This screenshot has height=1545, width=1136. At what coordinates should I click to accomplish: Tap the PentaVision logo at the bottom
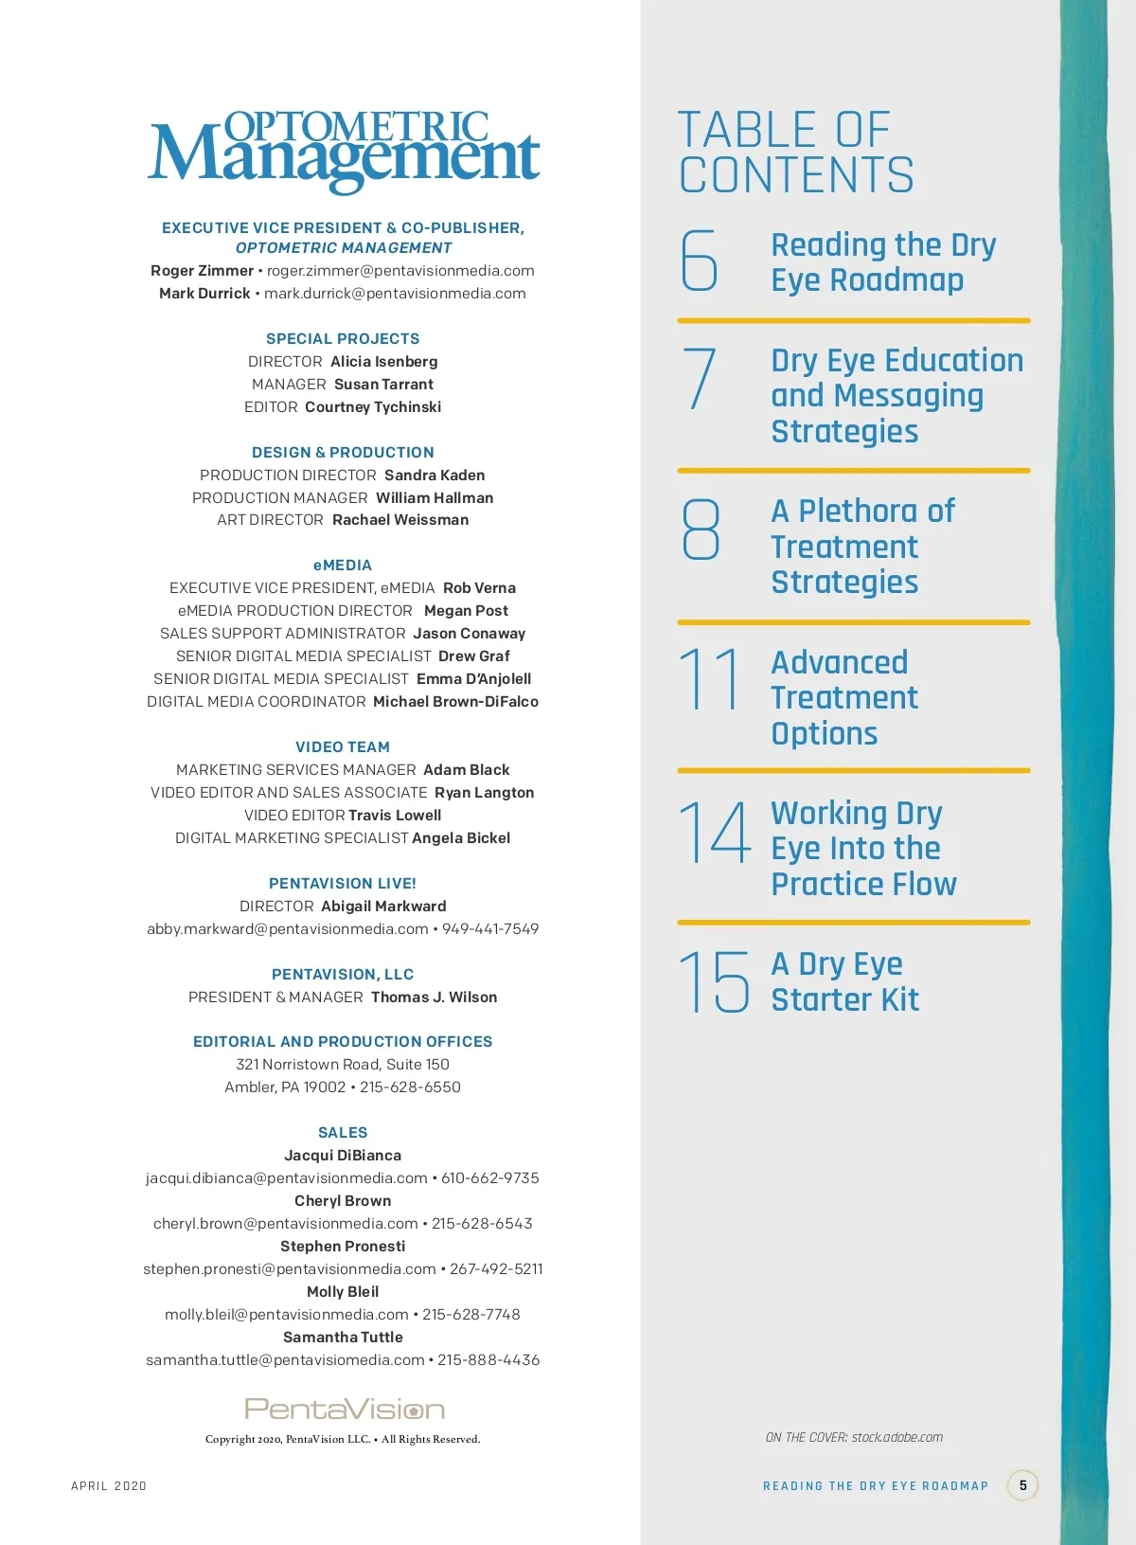click(344, 1409)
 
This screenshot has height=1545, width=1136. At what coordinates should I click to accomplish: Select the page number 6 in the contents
click(700, 260)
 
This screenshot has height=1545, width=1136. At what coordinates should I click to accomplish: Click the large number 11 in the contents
click(709, 678)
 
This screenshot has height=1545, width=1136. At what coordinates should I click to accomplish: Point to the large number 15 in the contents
click(714, 981)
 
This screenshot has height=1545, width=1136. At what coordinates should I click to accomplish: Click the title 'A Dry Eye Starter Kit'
click(844, 981)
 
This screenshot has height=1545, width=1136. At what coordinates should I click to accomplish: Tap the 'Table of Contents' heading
click(796, 153)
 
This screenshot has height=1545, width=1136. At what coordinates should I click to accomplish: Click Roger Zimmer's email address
click(400, 271)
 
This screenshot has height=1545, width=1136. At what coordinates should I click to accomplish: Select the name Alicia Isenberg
click(383, 362)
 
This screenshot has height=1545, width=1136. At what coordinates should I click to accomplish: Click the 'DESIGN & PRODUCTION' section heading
click(343, 453)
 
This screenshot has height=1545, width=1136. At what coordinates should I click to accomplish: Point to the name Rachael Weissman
click(400, 520)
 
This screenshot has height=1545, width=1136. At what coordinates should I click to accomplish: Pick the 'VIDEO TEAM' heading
click(343, 747)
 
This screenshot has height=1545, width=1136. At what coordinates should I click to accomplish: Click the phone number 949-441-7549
click(490, 929)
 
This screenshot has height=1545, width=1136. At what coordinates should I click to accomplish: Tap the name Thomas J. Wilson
click(434, 997)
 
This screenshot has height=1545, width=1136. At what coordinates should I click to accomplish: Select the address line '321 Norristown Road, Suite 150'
click(343, 1065)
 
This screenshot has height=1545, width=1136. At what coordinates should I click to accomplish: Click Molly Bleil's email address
click(287, 1315)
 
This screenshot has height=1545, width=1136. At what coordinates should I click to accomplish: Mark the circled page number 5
click(1022, 1485)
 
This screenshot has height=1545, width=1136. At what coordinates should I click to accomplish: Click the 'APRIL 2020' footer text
click(109, 1486)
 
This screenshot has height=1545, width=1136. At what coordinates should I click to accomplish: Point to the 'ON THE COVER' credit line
click(854, 1438)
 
